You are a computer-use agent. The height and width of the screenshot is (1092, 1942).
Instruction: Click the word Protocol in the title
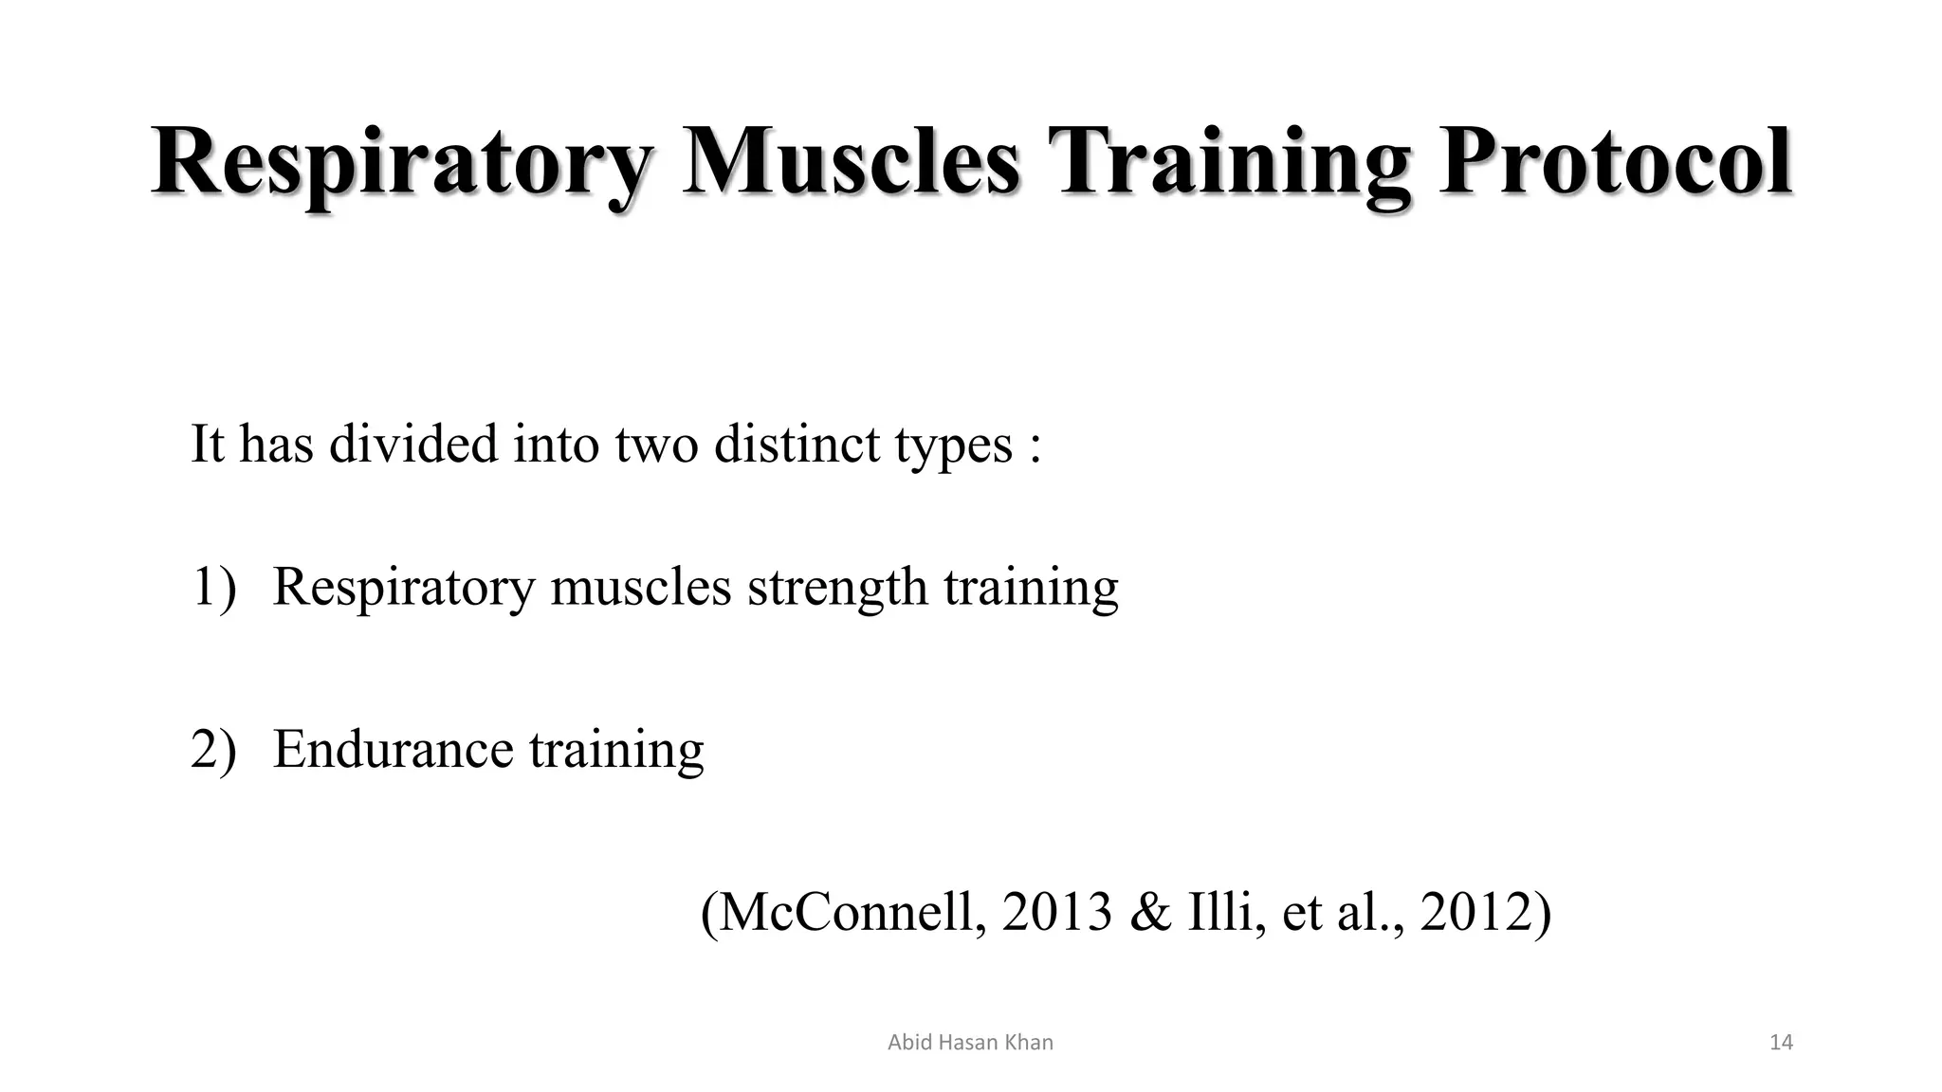point(1615,163)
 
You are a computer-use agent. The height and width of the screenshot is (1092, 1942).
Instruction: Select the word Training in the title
point(1228,163)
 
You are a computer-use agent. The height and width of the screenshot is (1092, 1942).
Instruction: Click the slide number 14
point(1781,1043)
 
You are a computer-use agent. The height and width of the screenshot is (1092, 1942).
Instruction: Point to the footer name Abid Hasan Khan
point(970,1043)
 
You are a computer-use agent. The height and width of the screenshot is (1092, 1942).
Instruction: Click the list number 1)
point(213,587)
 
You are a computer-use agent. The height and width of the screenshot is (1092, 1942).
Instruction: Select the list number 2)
point(213,750)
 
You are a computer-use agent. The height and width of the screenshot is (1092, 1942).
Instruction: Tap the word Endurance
point(393,750)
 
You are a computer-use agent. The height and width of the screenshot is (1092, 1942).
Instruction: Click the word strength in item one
point(837,587)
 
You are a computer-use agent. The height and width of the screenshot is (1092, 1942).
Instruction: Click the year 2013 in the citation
point(1055,912)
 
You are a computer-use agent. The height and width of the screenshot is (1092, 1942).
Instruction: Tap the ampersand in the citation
point(1150,912)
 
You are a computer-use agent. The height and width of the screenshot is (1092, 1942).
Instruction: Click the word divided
point(412,444)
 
